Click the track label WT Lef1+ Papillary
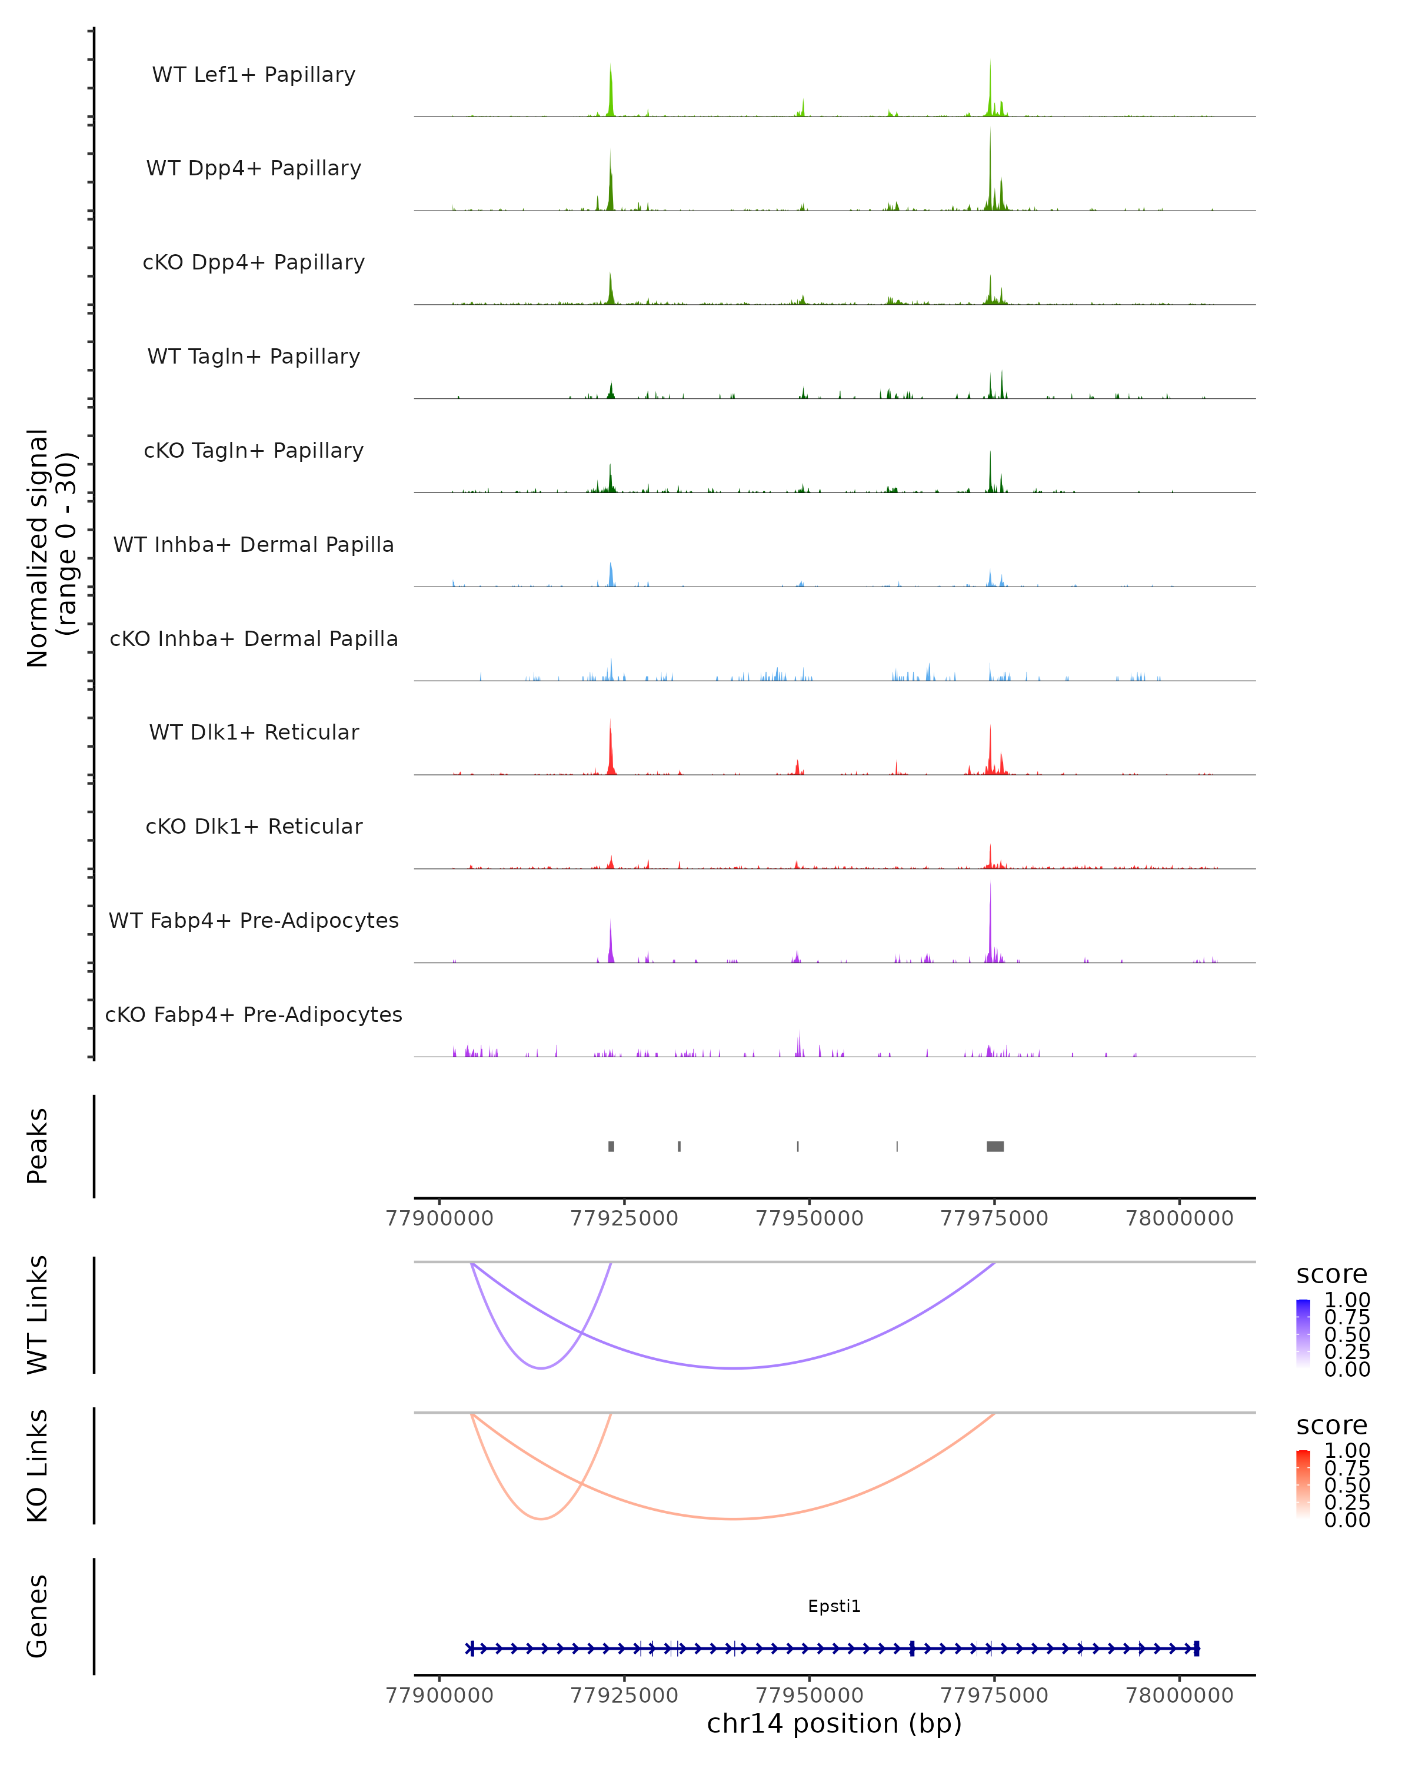pos(254,75)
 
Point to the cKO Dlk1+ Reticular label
pos(254,826)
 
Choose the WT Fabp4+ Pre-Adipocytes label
pos(254,920)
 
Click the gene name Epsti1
pos(834,1606)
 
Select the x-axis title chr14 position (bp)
pos(834,1723)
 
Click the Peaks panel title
pos(38,1146)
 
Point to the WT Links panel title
pos(38,1315)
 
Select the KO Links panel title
pos(38,1466)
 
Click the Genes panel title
pos(38,1616)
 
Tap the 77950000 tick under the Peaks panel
pos(809,1218)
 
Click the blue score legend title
pos(1332,1275)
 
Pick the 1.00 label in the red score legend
pos(1347,1451)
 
